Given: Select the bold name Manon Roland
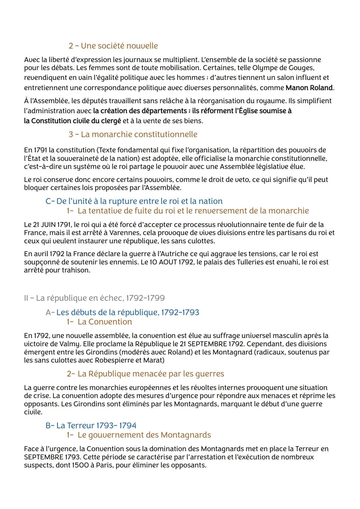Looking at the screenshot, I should [309, 88].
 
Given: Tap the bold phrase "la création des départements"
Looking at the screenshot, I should [140, 111].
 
